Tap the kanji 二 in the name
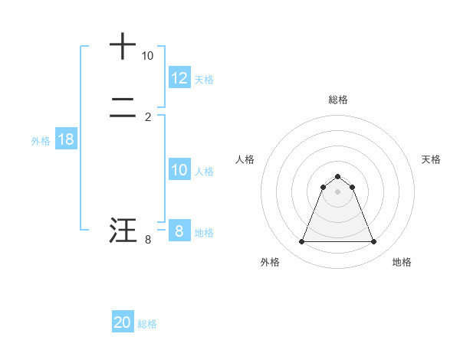pos(123,110)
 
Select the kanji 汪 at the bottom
pos(123,231)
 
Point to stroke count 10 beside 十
pos(147,56)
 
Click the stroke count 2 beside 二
pos(148,116)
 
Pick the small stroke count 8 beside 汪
pos(148,240)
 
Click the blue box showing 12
pos(179,78)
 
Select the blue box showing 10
pos(179,170)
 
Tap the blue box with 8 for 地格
pos(179,231)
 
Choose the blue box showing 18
pos(66,139)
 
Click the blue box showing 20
pos(123,323)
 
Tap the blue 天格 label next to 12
pos(204,80)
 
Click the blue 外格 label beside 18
pos(41,141)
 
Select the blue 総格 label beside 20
pos(147,325)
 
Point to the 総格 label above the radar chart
pos(337,100)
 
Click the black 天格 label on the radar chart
pos(432,159)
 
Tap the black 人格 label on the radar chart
pos(245,159)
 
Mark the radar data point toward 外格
pos(301,242)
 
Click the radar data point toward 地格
pos(373,242)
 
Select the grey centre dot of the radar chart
pos(337,191)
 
